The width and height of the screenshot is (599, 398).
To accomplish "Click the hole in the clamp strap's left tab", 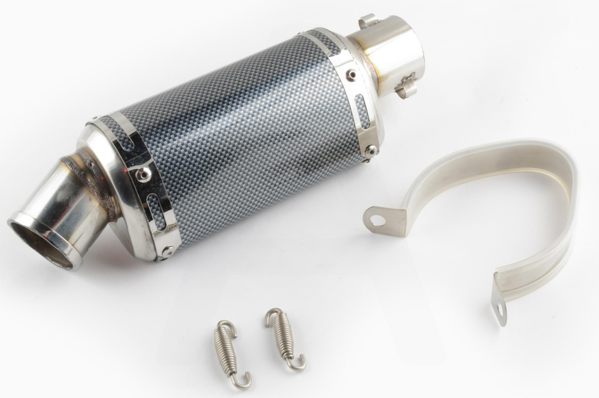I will [x=377, y=220].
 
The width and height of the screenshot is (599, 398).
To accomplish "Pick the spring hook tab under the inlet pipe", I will [x=406, y=87].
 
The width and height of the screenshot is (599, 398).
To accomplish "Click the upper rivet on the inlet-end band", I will [x=350, y=74].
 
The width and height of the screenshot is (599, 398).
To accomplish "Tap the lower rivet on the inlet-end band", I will [x=371, y=149].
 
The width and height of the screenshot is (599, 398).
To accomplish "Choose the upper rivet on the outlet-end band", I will [x=143, y=174].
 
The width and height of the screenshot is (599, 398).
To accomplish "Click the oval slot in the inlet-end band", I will [x=362, y=111].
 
